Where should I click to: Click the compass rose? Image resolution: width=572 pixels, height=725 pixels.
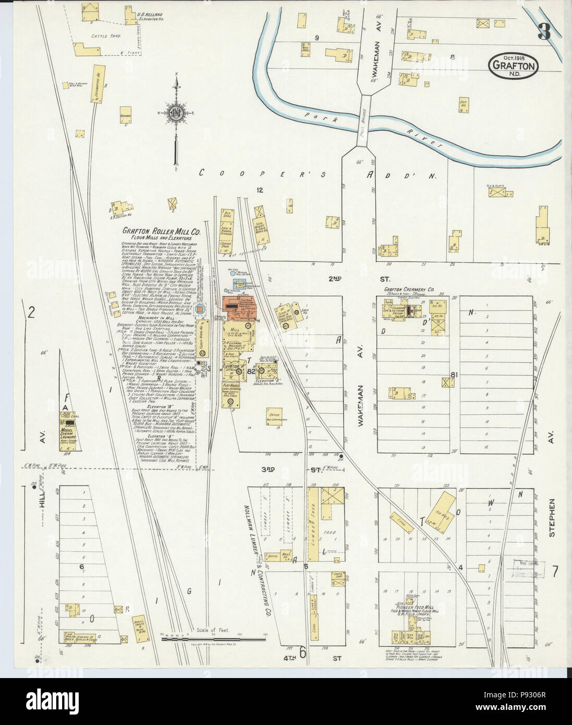177,111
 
